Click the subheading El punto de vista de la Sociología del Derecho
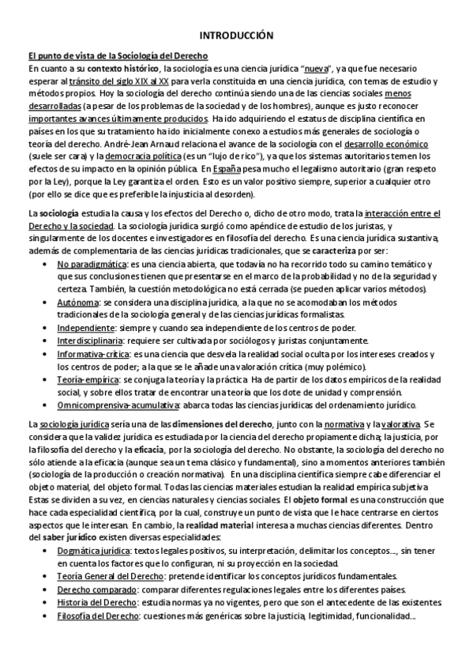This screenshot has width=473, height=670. [118, 56]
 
